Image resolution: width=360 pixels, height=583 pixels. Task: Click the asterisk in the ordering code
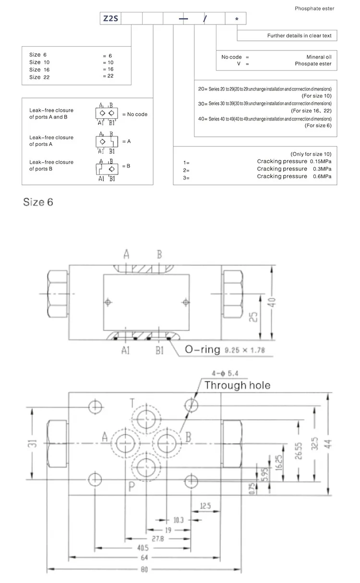click(x=236, y=19)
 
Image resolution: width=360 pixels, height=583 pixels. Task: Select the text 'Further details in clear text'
click(x=299, y=36)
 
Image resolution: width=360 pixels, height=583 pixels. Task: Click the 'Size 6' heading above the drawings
click(x=38, y=201)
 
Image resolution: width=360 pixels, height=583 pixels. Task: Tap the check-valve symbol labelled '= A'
click(x=106, y=142)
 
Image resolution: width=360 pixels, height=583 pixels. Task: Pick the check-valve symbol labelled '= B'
click(x=106, y=166)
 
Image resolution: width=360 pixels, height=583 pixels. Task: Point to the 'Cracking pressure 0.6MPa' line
click(x=294, y=177)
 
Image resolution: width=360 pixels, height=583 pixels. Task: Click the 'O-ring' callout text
click(x=202, y=350)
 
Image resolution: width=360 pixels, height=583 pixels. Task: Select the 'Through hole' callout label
click(x=237, y=385)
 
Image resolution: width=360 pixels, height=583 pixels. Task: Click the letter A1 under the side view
click(x=126, y=350)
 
